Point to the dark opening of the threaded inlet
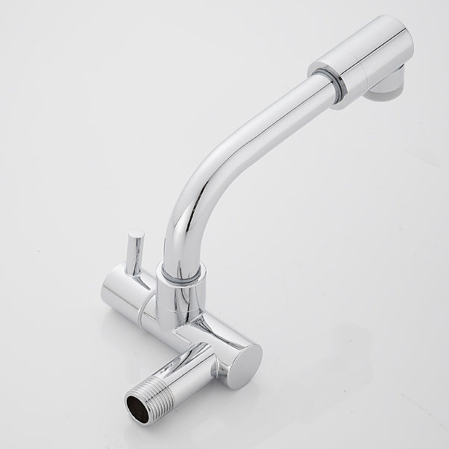(x=137, y=407)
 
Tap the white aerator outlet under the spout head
(x=389, y=92)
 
